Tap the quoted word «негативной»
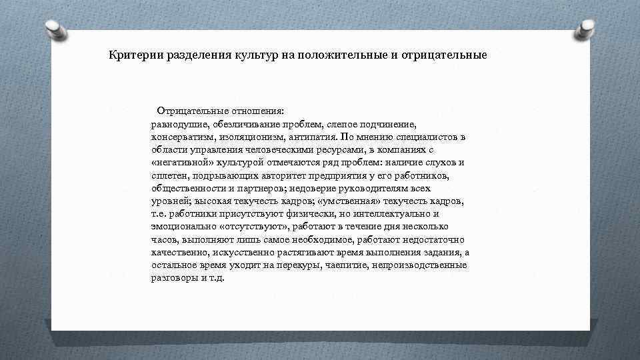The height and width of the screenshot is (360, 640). pyautogui.click(x=177, y=163)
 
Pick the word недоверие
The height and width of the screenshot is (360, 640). pyautogui.click(x=315, y=188)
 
